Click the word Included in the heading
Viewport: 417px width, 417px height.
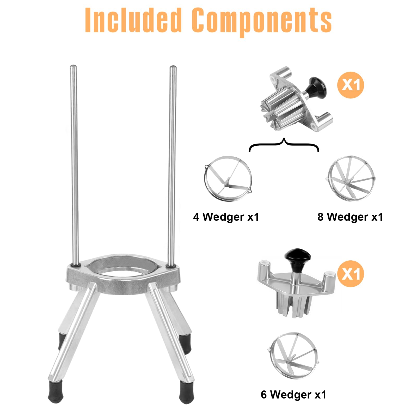[133, 20]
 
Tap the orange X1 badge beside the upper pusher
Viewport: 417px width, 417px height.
[351, 85]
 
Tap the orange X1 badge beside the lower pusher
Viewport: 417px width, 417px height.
[351, 274]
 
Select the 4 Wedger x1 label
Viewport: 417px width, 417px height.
[226, 217]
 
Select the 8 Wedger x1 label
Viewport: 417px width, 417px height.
[350, 217]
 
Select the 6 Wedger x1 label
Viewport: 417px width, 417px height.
[293, 395]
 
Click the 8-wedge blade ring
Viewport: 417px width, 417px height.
[330, 180]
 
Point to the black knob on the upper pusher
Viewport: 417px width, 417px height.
[317, 87]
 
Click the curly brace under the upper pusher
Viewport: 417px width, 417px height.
[284, 143]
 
